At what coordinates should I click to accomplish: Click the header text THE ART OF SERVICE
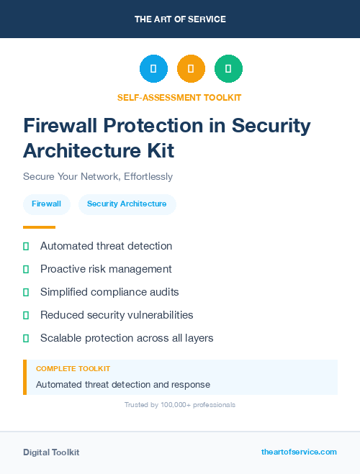180,19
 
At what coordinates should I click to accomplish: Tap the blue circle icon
153,69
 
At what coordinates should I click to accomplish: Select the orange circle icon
191,69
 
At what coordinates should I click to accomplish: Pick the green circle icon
228,69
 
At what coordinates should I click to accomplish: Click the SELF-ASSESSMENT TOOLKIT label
179,97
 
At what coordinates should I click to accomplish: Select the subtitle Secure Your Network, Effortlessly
98,176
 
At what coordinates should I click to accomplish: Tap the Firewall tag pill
47,204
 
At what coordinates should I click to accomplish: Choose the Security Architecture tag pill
127,204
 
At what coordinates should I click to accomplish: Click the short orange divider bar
39,227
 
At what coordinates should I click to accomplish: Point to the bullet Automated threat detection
106,246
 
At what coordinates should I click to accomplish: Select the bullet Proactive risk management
106,269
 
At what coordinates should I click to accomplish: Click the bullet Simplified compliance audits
109,292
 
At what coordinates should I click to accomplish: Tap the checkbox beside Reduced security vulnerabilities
26,315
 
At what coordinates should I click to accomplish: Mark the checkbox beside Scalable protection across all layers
26,338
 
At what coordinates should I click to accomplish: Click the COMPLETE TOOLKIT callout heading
73,368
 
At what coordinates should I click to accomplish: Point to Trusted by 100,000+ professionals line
180,405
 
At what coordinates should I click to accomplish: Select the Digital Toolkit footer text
51,452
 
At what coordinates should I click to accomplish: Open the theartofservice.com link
299,452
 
